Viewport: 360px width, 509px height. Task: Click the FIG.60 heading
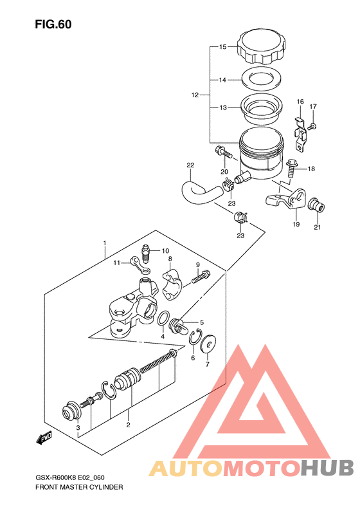(x=53, y=24)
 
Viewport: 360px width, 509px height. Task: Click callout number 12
(x=195, y=95)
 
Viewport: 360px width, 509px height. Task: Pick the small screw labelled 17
(x=312, y=126)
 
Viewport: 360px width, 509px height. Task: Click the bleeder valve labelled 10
(x=147, y=255)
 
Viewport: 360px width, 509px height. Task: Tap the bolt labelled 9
(x=201, y=277)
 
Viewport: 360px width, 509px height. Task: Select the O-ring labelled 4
(x=163, y=318)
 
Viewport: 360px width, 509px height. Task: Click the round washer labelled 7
(x=207, y=343)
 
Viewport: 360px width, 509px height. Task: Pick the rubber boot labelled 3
(x=71, y=411)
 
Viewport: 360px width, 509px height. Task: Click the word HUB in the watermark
(x=327, y=468)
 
